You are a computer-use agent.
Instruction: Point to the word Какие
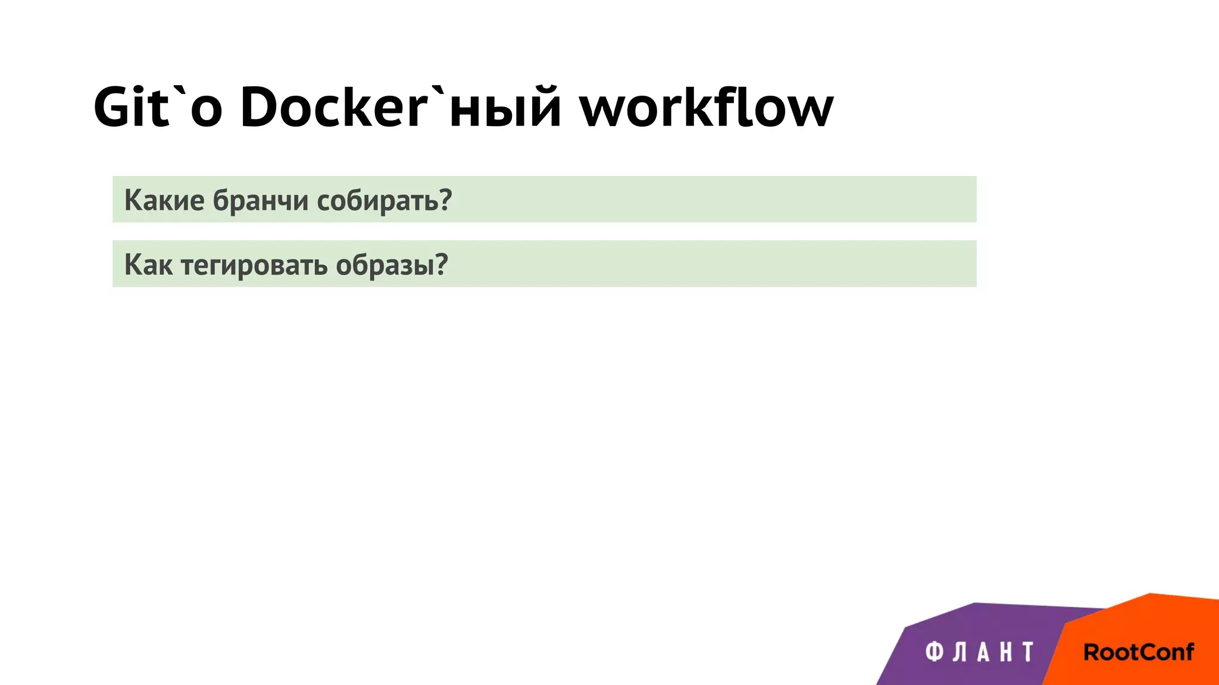(x=164, y=200)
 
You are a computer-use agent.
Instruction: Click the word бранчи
(x=261, y=200)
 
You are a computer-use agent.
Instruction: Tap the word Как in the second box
(x=149, y=265)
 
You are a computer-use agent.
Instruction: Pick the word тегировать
(x=254, y=265)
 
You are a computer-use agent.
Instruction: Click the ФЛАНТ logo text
(x=979, y=652)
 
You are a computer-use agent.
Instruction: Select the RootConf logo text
(x=1138, y=652)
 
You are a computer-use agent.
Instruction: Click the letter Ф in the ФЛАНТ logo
(x=934, y=652)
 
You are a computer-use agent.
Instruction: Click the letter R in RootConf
(x=1092, y=652)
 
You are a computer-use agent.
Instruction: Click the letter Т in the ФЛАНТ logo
(x=1027, y=652)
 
